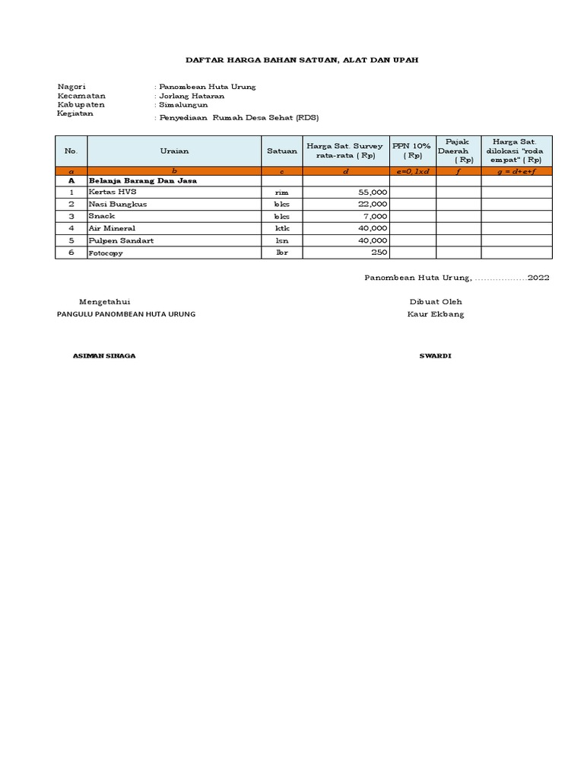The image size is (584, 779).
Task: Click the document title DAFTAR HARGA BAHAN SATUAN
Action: click(x=302, y=59)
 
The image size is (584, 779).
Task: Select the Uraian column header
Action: click(x=174, y=151)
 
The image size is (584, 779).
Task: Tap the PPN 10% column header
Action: click(x=411, y=150)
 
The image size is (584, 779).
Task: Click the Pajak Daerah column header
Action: click(x=459, y=151)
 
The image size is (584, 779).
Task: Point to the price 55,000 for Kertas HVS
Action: click(x=373, y=193)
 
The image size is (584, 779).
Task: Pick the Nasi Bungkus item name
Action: click(x=118, y=204)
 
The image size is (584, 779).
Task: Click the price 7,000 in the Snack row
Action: click(x=376, y=216)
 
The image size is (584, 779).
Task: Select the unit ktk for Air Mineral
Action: click(x=282, y=228)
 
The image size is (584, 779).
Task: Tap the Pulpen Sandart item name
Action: click(x=121, y=240)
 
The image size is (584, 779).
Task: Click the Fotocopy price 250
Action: click(x=380, y=252)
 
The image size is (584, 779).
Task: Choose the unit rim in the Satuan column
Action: click(x=282, y=193)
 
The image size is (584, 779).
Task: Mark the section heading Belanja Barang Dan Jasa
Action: click(x=143, y=181)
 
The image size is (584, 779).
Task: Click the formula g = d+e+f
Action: click(x=516, y=172)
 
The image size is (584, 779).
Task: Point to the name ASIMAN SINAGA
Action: click(x=104, y=356)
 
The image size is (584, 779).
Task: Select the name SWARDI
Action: click(x=435, y=356)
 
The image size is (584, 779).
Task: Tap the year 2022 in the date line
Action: click(x=538, y=278)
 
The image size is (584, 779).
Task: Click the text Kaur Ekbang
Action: click(x=436, y=314)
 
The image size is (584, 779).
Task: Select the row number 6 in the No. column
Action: click(x=71, y=252)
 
